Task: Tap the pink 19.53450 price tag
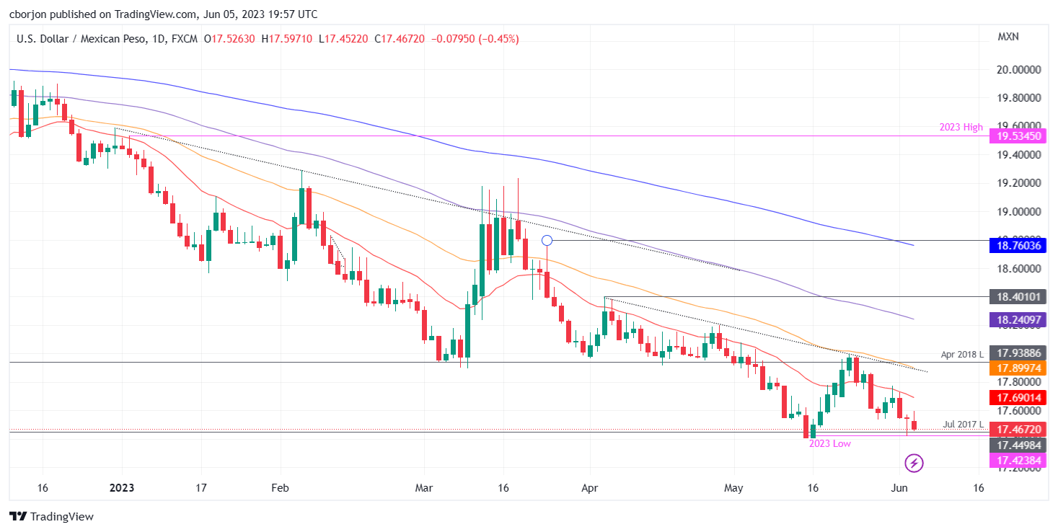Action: (x=1018, y=136)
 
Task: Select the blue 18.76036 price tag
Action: (x=1018, y=247)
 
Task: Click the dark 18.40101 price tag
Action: (x=1018, y=297)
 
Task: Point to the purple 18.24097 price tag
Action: (x=1018, y=319)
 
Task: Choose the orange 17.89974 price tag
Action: (x=1018, y=368)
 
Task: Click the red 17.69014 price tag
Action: (x=1018, y=397)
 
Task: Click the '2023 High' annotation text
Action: (x=961, y=128)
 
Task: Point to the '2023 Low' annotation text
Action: (x=829, y=444)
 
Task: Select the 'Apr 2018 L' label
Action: (x=962, y=355)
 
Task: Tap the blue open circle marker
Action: (x=547, y=240)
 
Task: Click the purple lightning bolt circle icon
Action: (x=914, y=462)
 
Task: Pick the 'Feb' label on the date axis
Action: (x=280, y=488)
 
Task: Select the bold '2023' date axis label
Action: (x=122, y=488)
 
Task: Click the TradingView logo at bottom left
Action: (x=51, y=516)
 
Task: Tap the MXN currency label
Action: (x=1008, y=37)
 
